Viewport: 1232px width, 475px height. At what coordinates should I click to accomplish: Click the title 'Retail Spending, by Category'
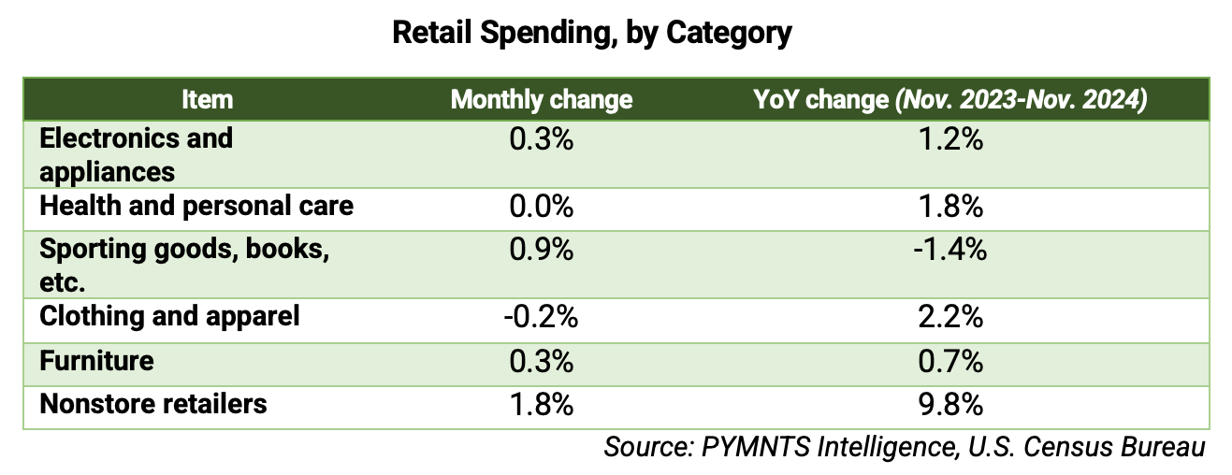click(x=591, y=33)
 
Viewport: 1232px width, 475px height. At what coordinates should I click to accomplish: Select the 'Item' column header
click(x=207, y=99)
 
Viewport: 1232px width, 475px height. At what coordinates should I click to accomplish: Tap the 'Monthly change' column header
click(x=542, y=99)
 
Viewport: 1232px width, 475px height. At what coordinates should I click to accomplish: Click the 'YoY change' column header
click(x=949, y=99)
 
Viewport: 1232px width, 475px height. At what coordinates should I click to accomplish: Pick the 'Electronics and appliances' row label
click(x=136, y=154)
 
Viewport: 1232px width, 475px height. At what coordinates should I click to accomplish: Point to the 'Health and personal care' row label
click(x=196, y=206)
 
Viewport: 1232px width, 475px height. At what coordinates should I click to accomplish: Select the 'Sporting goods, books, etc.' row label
click(x=183, y=266)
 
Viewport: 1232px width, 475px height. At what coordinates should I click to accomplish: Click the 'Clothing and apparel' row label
click(x=169, y=316)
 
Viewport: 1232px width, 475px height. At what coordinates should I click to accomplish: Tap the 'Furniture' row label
click(x=96, y=360)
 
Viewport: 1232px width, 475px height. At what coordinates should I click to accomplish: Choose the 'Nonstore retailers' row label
click(x=152, y=403)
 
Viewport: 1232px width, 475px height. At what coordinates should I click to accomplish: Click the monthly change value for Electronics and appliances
click(x=542, y=140)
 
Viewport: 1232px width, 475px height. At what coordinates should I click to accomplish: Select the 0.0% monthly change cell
click(x=542, y=206)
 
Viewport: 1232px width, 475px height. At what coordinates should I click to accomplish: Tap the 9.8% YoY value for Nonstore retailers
click(x=950, y=404)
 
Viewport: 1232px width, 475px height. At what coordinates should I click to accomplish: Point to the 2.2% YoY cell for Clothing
click(x=950, y=316)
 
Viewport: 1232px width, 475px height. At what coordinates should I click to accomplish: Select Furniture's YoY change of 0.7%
click(x=950, y=360)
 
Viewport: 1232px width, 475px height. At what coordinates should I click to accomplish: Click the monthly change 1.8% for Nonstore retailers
click(x=542, y=404)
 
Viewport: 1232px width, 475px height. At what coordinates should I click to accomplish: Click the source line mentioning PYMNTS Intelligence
click(x=904, y=447)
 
